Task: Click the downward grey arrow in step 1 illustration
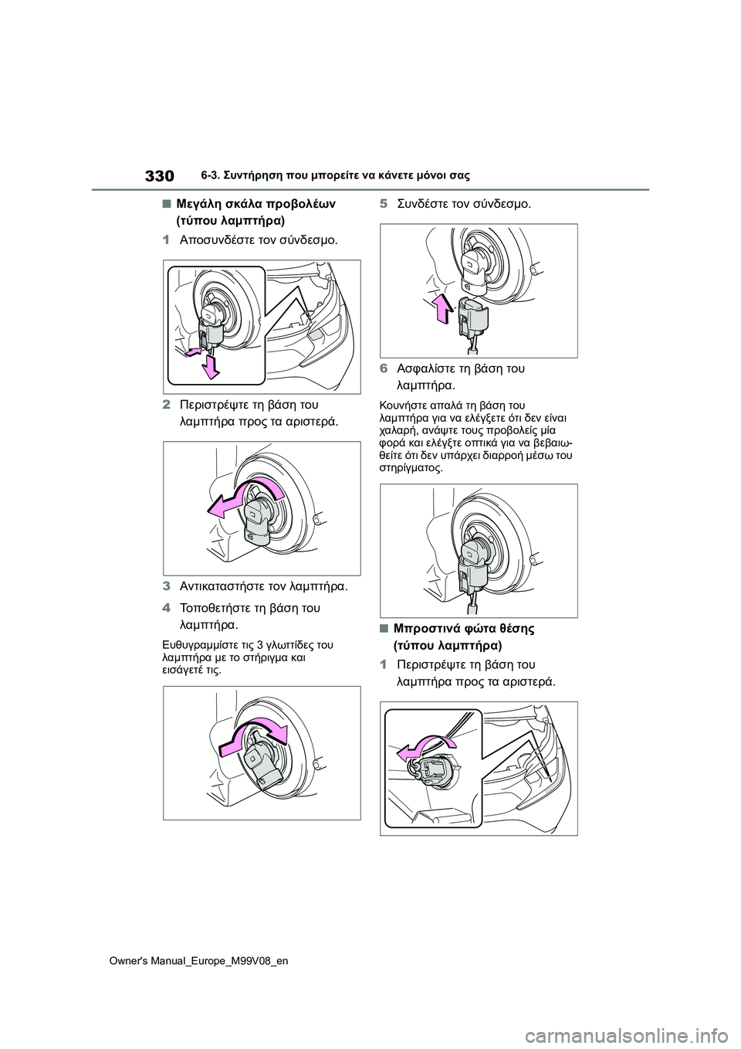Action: click(209, 367)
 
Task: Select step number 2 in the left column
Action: click(167, 404)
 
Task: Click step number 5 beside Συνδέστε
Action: click(384, 204)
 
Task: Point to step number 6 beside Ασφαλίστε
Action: click(384, 368)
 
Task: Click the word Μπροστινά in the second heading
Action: click(425, 628)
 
